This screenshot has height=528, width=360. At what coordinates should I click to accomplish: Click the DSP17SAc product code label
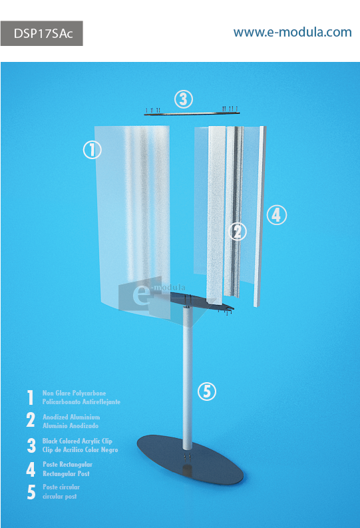(x=42, y=33)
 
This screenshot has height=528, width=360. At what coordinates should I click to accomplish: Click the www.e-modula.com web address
(x=292, y=33)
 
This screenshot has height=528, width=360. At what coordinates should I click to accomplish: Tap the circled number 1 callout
(x=92, y=150)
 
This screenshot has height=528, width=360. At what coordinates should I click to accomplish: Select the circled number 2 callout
(x=238, y=231)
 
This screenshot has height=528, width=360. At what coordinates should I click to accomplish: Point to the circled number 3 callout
(x=184, y=99)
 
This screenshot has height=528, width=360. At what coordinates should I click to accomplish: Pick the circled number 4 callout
(x=277, y=215)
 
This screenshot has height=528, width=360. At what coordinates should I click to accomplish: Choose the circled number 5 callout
(x=206, y=392)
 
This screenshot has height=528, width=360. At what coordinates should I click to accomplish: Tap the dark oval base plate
(x=190, y=459)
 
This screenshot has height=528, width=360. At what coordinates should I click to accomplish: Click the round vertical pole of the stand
(x=188, y=377)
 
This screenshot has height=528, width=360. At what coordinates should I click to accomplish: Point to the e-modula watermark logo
(x=152, y=296)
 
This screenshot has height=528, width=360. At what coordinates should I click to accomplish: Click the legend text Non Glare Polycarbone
(x=74, y=393)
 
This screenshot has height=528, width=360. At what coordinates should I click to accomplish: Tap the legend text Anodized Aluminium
(x=71, y=417)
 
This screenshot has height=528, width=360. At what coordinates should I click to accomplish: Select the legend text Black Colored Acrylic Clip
(x=77, y=441)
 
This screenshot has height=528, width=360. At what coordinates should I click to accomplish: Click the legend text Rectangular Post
(x=67, y=473)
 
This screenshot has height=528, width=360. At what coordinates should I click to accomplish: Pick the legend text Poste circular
(x=61, y=487)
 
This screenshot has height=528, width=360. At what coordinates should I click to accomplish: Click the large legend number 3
(x=31, y=445)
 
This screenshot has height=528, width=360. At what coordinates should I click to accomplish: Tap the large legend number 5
(x=31, y=492)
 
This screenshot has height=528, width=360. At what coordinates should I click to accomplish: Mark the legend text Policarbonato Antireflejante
(x=81, y=401)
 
